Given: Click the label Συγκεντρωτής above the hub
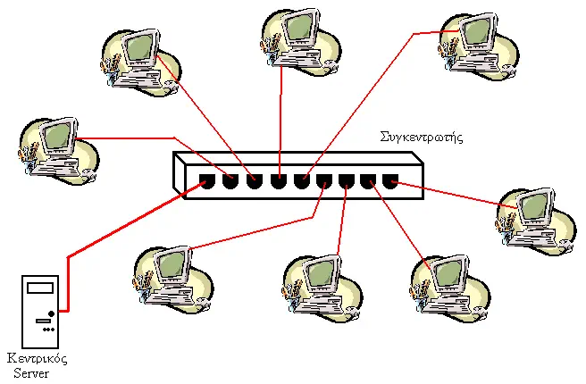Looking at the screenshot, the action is [422, 138].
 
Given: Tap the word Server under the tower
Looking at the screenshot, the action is [31, 373].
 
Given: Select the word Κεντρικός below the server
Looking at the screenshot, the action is [38, 359].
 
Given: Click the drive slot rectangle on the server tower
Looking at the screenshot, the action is [40, 288].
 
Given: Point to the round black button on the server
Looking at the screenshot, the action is [51, 313].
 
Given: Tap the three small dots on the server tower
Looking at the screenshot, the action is [49, 330].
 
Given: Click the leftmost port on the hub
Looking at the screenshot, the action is [207, 181].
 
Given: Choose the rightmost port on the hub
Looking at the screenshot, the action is [390, 181].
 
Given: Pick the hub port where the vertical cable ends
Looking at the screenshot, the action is [279, 181].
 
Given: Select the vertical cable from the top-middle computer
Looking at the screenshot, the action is [280, 121].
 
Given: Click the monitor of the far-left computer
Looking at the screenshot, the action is [58, 135].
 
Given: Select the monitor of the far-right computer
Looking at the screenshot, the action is [534, 206].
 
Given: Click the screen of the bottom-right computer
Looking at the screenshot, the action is [448, 272].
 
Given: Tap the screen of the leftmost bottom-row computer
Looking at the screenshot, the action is [172, 263].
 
